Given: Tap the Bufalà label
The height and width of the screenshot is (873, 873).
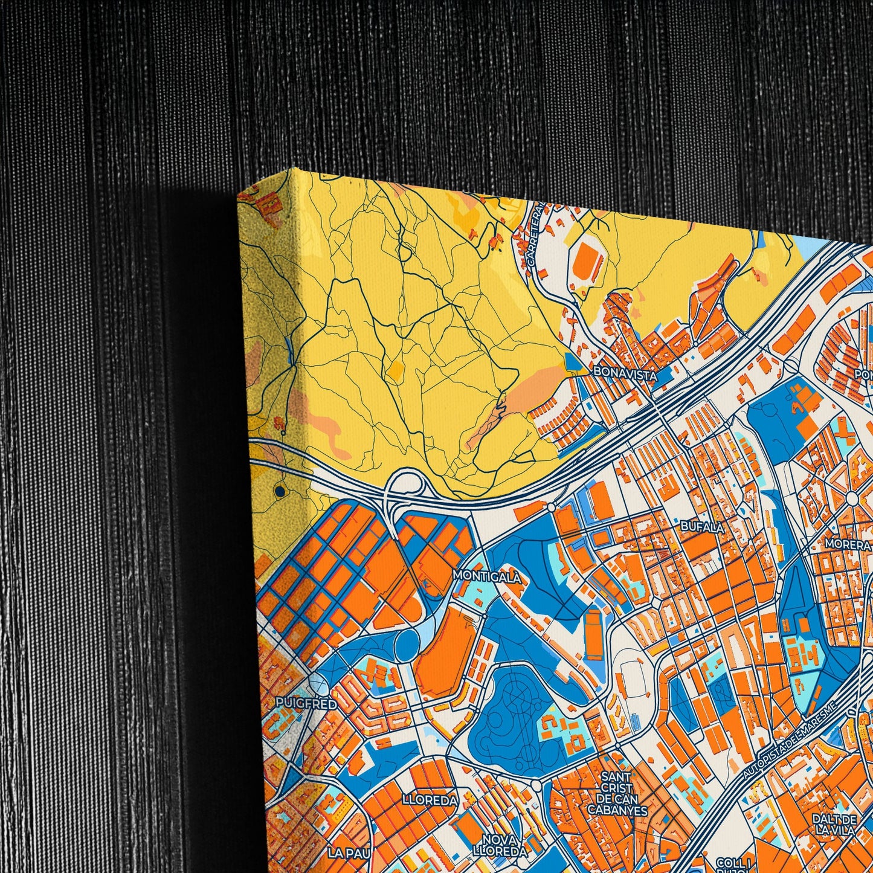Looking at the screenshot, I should click(702, 527).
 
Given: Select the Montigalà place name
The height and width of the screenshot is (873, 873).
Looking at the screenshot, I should click(487, 576).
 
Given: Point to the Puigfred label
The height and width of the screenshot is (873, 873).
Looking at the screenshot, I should click(298, 703).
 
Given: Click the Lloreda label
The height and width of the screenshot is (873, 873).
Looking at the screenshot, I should click(430, 800).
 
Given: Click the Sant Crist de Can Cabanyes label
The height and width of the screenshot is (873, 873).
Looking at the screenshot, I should click(617, 793).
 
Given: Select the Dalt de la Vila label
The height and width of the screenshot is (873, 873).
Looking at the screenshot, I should click(834, 825).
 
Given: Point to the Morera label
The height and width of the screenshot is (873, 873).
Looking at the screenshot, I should click(848, 545).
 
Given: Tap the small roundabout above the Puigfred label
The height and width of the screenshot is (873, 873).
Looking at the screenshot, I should click(317, 683).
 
